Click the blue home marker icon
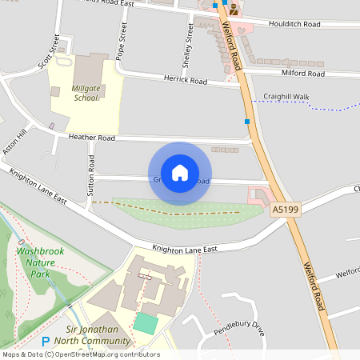coord(180,173)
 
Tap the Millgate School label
coord(85,93)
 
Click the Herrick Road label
coord(186,81)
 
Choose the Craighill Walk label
coord(286,96)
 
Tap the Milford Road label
coord(303,73)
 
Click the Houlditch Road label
coord(295,24)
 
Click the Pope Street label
coord(122,42)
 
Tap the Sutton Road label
coord(91,177)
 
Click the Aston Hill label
coord(14,139)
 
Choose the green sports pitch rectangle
coord(146,324)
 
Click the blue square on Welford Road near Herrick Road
coord(247,122)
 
